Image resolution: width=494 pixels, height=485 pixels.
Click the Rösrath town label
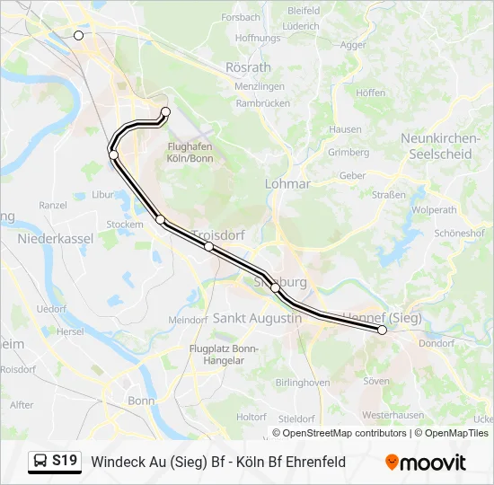pos(249,67)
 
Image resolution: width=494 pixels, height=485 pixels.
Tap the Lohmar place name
pos(287,183)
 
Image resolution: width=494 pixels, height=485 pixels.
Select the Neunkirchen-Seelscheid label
pos(436,145)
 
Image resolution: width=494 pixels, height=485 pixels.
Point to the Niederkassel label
pos(56,239)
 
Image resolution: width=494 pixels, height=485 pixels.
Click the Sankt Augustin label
pos(257,318)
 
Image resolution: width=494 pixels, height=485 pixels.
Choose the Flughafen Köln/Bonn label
pos(190,153)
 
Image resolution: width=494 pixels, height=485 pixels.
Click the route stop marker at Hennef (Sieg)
pos(382,330)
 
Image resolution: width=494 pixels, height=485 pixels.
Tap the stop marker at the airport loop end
pos(165,112)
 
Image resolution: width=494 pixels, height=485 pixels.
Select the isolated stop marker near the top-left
pos(78,35)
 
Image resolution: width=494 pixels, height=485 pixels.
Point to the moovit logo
pos(426,463)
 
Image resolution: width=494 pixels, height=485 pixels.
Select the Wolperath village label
pos(435,209)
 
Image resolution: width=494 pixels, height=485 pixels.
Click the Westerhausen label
pos(393,415)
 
